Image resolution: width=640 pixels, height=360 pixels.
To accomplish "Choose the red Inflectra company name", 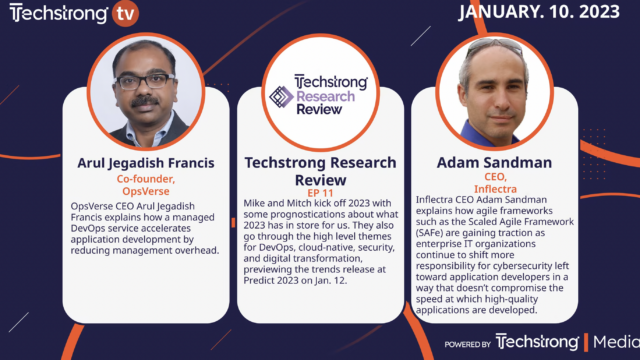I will (493, 190).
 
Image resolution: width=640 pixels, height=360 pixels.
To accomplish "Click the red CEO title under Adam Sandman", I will (493, 177).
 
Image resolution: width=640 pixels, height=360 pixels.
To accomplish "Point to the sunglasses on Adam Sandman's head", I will (493, 46).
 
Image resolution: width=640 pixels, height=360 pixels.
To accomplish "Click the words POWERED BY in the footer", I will (468, 345).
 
